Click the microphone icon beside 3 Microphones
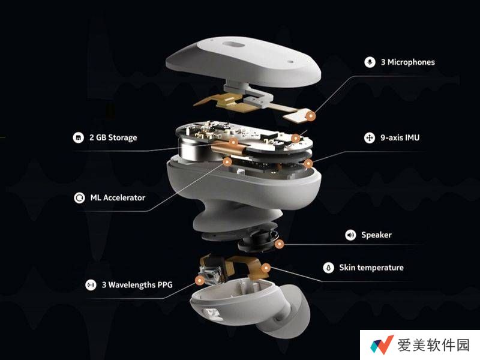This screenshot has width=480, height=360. pos(370,62)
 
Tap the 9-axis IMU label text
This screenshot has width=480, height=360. pos(400,138)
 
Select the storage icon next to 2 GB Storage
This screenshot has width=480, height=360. pos(79,138)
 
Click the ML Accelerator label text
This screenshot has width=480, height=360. pos(118,198)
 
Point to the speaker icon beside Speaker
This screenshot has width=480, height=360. pos(350,235)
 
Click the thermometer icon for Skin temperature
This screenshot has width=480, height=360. pos(328,268)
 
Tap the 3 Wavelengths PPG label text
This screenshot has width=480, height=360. pos(137,285)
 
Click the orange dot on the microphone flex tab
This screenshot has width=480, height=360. pos(310,116)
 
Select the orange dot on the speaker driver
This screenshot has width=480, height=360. pos(279,244)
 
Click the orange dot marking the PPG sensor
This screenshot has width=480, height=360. pos(200,280)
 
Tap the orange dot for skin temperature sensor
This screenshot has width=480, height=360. pos(266,268)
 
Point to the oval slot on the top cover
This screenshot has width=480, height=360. pos(234,46)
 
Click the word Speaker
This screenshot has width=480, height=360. pos(376,235)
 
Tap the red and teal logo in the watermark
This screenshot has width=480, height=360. pos(382,344)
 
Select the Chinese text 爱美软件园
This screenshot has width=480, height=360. pos(433,345)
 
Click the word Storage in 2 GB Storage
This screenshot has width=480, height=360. pos(122,138)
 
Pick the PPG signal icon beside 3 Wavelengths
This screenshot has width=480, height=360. pos(91,285)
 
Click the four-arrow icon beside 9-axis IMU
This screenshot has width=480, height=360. pos(370,138)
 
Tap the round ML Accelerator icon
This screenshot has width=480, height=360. pos(79,198)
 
